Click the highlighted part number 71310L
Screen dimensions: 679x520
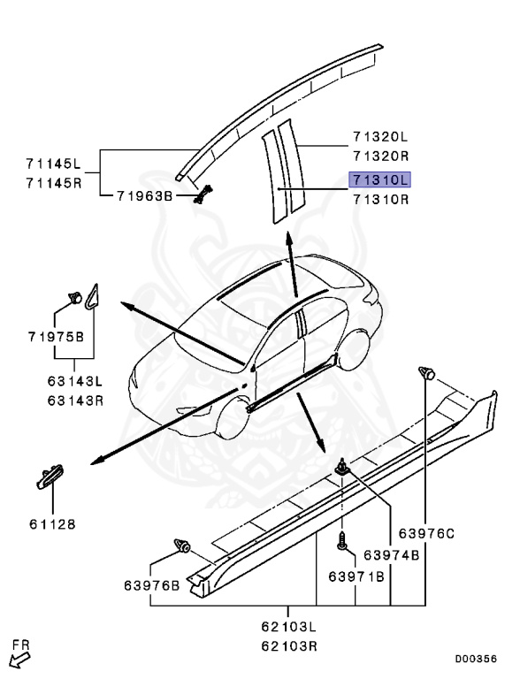[x=380, y=179]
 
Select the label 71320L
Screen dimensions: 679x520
[x=379, y=137]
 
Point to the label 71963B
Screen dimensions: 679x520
[x=145, y=195]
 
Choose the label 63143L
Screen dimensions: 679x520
[x=75, y=382]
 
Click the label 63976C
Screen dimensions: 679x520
[x=426, y=532]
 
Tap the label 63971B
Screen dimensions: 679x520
[x=356, y=576]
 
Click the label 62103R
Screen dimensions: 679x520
[x=289, y=645]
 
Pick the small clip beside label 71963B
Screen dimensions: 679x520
[x=204, y=194]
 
